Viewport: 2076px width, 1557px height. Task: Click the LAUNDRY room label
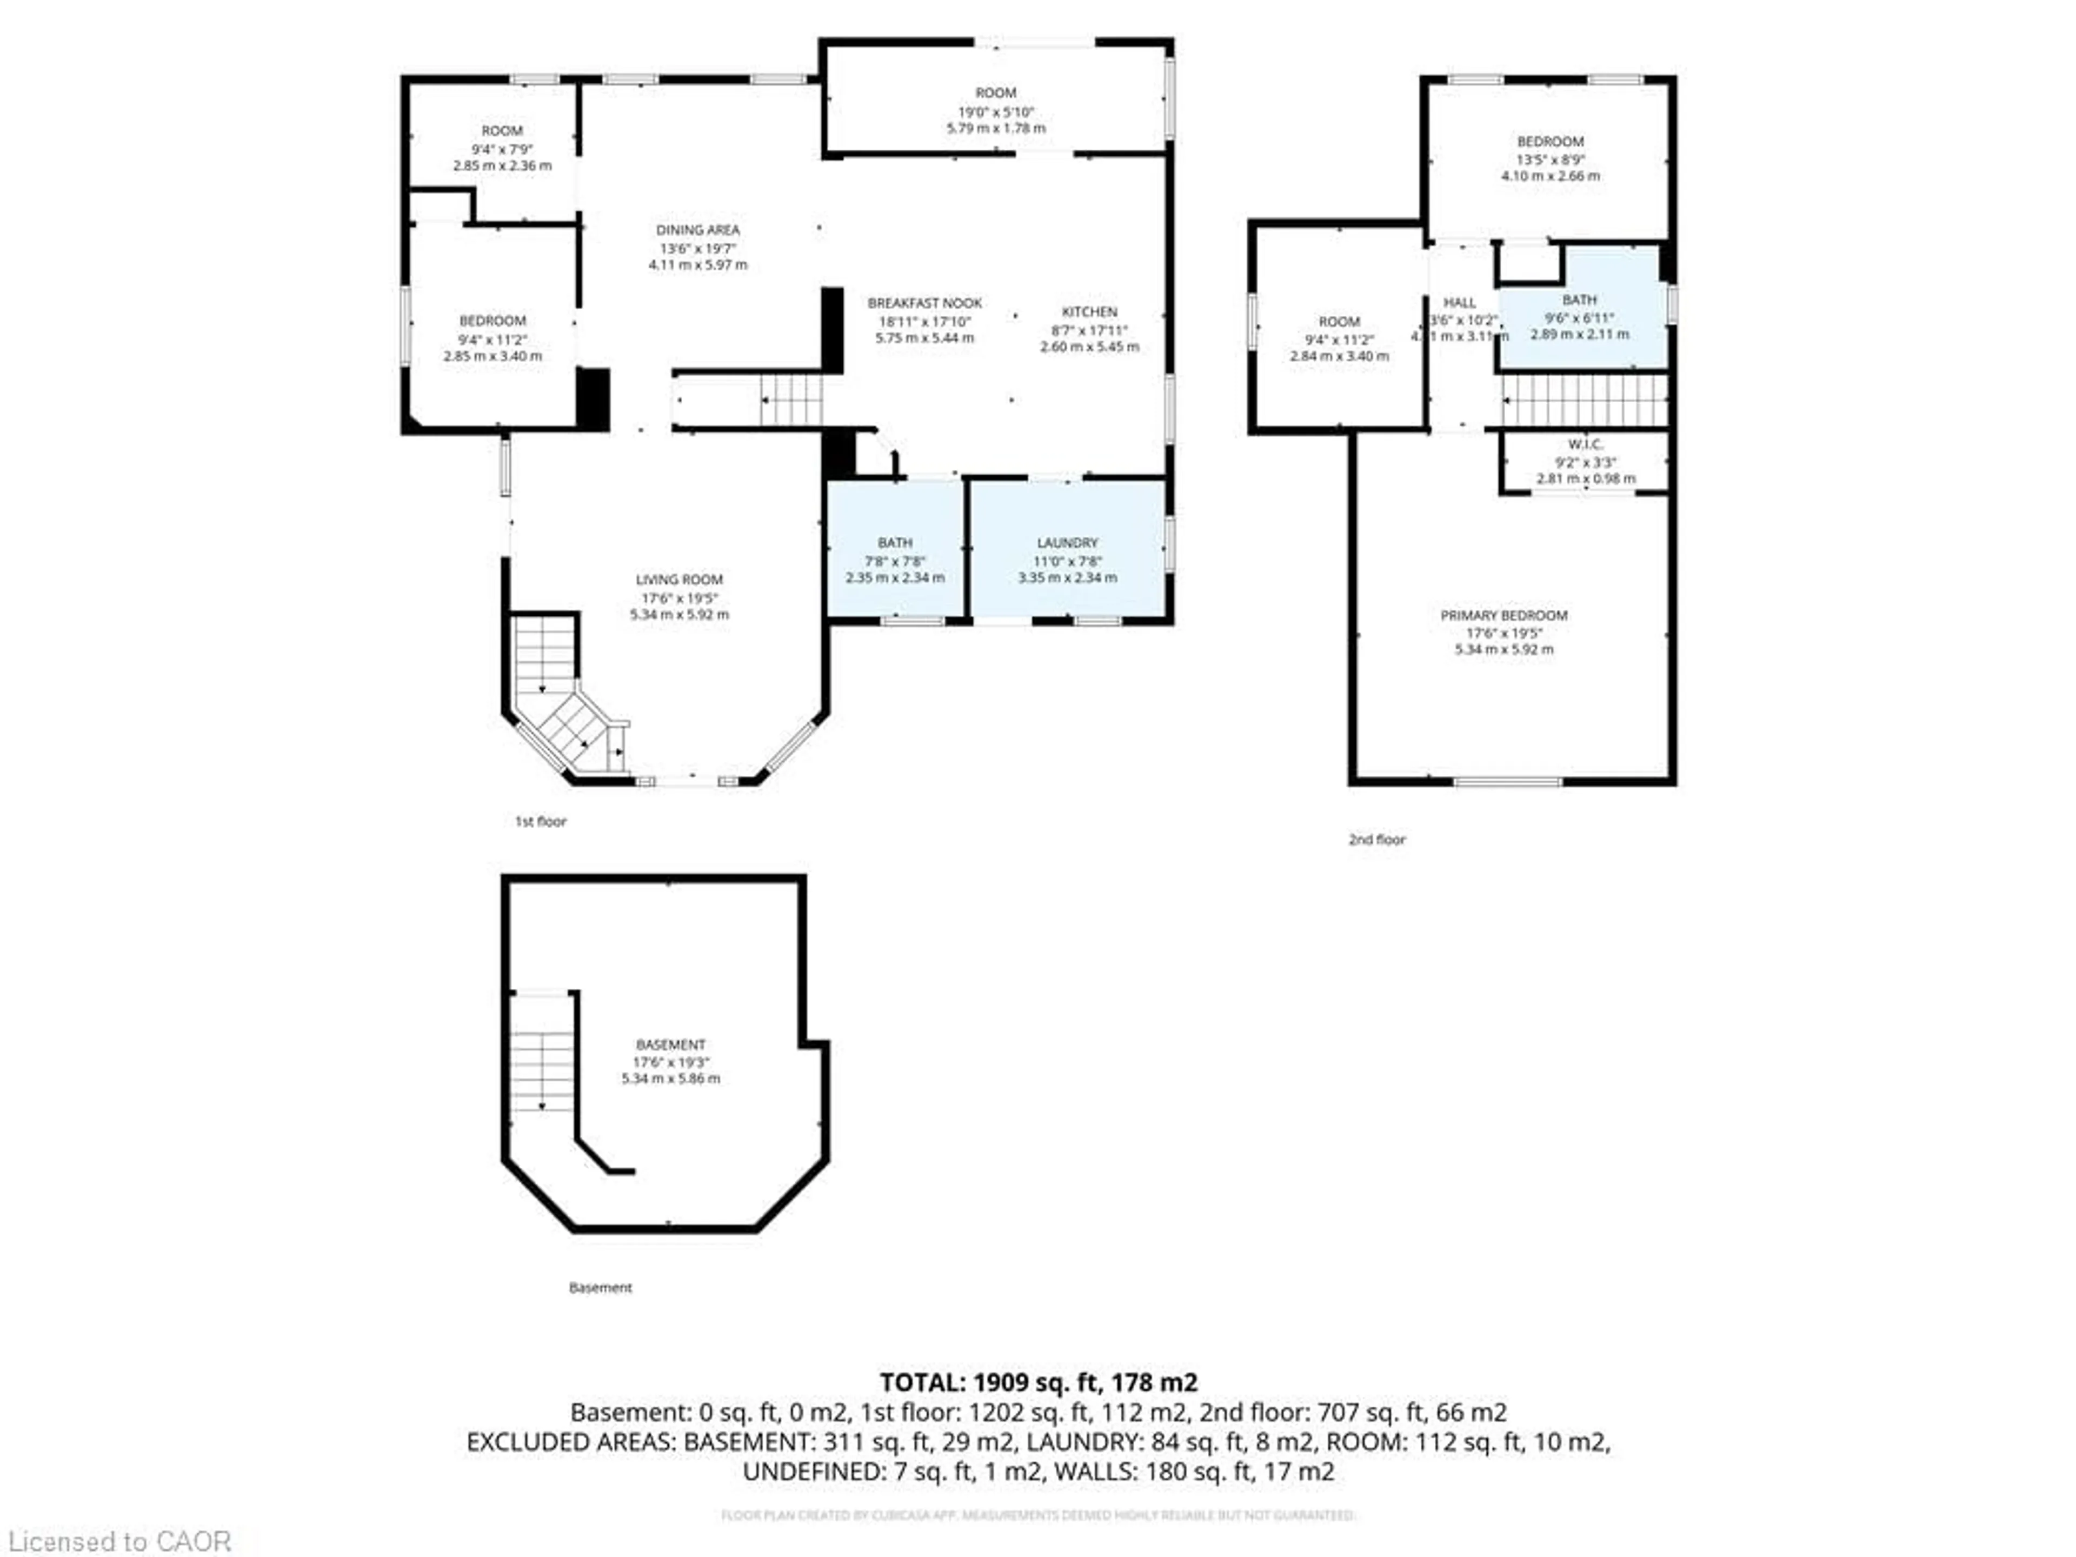coord(1067,542)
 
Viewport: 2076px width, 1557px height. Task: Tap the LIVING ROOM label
coord(678,579)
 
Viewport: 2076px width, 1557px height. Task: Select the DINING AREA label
coord(697,230)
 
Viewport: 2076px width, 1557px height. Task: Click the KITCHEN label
coord(1089,311)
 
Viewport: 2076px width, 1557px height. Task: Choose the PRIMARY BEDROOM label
coord(1503,615)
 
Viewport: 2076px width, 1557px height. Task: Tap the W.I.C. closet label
coord(1585,444)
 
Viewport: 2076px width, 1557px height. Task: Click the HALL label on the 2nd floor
coord(1459,302)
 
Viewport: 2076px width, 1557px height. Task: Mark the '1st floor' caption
coord(541,821)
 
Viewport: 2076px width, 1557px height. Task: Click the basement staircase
coord(542,1070)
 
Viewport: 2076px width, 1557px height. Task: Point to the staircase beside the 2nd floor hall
coord(1583,401)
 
